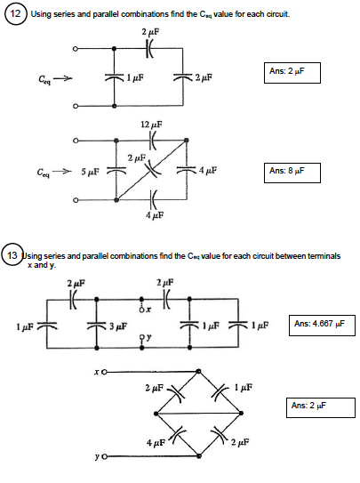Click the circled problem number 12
tap(16, 15)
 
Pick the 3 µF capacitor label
tap(117, 326)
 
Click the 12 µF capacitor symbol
tap(151, 140)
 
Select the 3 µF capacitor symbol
tap(97, 325)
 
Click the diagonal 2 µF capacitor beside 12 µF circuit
tap(150, 168)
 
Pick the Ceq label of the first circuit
tap(44, 78)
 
